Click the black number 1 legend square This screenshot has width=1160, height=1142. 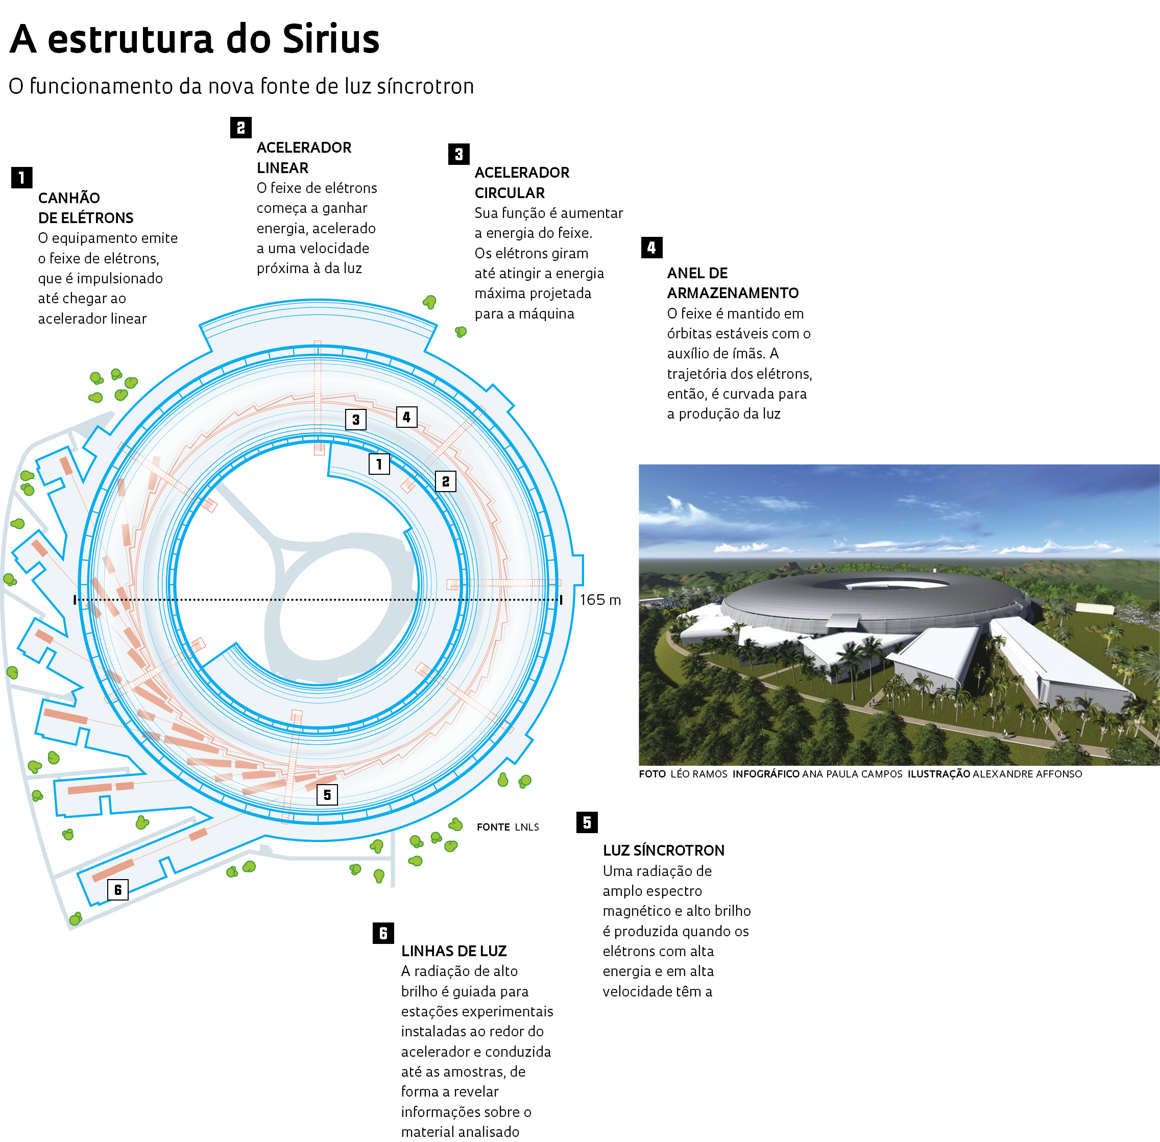pos(21,178)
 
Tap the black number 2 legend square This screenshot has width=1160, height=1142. pos(240,127)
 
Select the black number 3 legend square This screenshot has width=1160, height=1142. pos(459,154)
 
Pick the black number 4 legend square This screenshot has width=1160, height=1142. pos(651,247)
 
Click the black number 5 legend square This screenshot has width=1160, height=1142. pos(587,822)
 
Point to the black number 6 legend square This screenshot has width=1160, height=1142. pos(383,933)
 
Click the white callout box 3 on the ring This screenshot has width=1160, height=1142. pos(356,419)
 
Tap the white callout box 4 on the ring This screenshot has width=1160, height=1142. pos(406,417)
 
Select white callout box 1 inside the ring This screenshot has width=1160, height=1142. pos(379,464)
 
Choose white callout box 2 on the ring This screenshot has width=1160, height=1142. pos(446,481)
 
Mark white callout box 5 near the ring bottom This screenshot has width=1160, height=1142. pos(327,795)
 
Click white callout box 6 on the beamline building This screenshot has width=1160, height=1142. pos(117,889)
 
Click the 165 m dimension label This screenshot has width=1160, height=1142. pos(600,600)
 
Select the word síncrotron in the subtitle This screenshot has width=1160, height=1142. pos(425,86)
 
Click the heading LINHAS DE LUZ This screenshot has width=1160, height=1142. pos(454,951)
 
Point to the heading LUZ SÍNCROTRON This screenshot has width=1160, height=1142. pos(663,850)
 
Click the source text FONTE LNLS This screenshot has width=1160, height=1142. pos(507,827)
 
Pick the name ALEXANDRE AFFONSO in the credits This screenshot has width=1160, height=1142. pos(1027,774)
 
